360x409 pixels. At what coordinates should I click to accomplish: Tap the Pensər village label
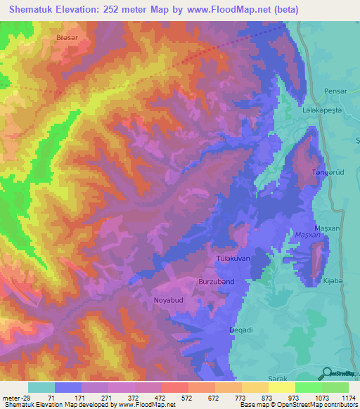(x=336, y=91)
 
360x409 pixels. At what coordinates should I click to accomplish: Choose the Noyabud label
(x=167, y=300)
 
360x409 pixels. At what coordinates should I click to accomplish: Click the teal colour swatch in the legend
(x=41, y=387)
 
